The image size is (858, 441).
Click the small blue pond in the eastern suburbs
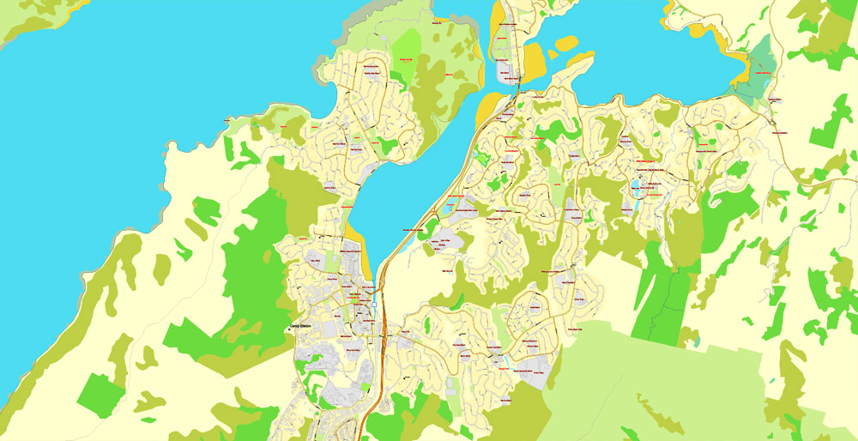pos(638,187)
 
